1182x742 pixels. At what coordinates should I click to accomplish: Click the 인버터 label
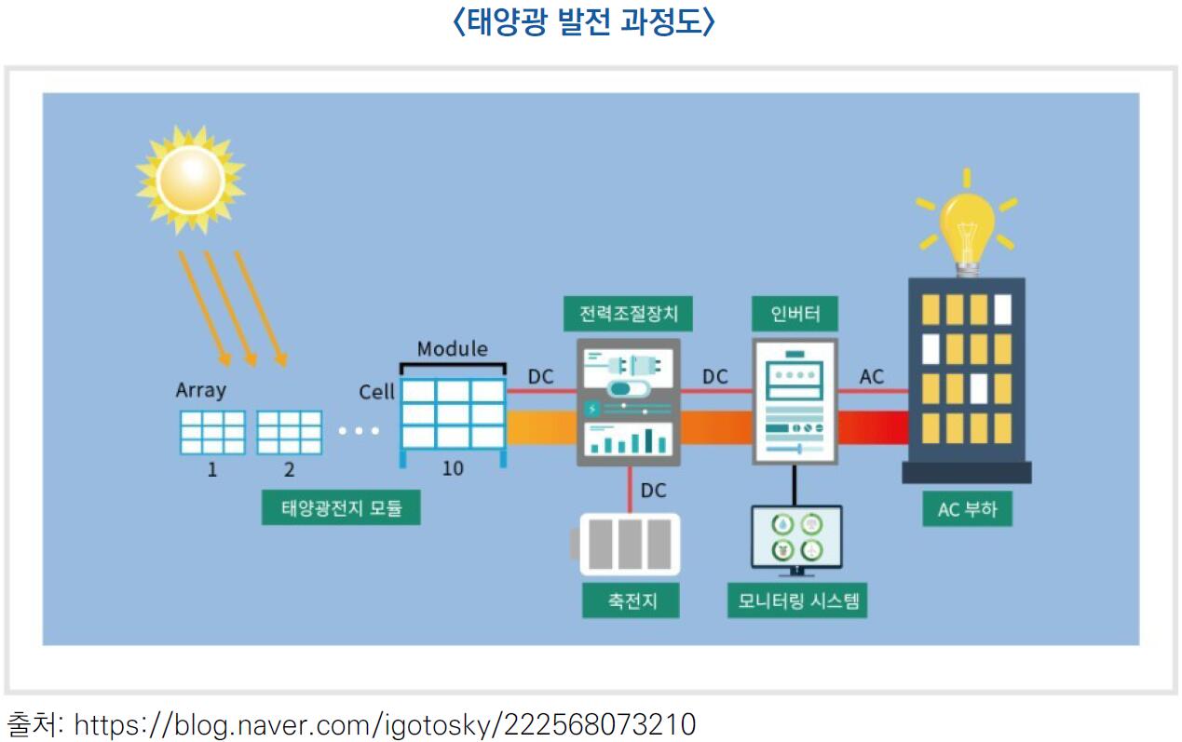pos(795,314)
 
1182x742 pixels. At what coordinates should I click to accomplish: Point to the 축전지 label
pos(631,600)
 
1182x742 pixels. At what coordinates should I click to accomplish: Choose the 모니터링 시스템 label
pos(796,600)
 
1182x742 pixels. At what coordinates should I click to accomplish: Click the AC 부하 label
pos(967,509)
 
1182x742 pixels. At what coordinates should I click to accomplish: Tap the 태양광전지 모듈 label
pos(341,508)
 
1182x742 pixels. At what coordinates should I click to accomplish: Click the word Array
pos(201,390)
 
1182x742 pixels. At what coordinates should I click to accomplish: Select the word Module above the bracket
pos(453,349)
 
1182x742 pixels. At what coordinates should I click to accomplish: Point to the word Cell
pos(377,392)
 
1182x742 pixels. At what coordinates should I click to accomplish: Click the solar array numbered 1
pos(212,433)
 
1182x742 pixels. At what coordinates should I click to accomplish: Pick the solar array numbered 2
pos(289,433)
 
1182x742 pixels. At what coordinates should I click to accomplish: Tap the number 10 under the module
pos(453,469)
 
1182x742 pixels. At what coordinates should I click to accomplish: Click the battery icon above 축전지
pos(629,545)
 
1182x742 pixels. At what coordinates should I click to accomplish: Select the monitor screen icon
pos(796,538)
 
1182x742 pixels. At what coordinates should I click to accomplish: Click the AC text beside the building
pos(872,377)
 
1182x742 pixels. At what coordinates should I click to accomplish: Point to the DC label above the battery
pos(654,491)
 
